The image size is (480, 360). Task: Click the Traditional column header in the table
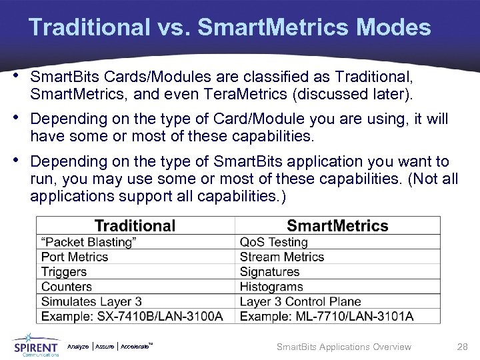coord(135,226)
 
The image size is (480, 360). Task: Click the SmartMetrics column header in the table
coord(337,226)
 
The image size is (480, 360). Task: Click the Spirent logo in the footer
coord(36,345)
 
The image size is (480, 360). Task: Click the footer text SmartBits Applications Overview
coord(344,347)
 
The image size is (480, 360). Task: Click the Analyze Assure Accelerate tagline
coord(111,347)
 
